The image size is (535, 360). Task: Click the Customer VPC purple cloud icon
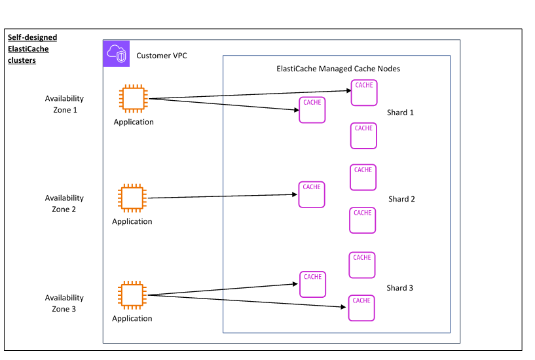117,54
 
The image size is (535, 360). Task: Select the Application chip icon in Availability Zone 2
131,198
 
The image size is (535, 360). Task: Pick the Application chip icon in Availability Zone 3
132,295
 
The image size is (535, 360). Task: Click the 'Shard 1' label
400,113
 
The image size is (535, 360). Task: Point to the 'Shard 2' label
401,199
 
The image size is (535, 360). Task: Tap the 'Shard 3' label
399,288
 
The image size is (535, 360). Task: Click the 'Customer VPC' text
161,56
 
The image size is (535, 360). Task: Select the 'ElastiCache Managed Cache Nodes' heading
338,69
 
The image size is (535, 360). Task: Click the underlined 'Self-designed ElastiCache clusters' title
32,49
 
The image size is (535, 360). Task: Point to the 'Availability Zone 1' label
64,104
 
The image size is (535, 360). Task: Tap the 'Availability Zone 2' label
64,204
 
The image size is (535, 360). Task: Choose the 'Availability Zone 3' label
64,303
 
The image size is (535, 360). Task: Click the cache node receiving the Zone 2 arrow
312,194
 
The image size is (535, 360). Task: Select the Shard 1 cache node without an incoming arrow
363,135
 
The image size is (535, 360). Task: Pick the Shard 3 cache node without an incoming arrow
362,265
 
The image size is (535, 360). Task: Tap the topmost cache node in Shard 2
363,177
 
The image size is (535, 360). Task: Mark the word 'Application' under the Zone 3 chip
132,319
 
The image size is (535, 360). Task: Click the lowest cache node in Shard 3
361,308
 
